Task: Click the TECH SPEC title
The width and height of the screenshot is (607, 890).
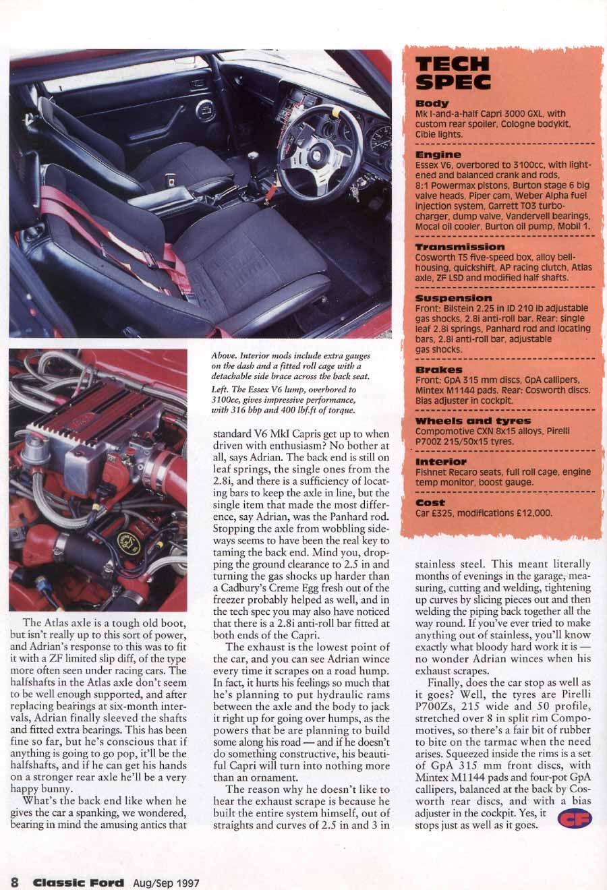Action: (x=453, y=73)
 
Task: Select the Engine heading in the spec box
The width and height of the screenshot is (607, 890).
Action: (x=438, y=154)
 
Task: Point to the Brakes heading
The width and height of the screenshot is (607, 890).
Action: (x=438, y=369)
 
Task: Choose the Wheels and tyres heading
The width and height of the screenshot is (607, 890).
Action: (x=473, y=421)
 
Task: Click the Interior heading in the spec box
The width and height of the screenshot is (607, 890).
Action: (x=440, y=462)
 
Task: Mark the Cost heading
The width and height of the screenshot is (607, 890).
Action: (x=430, y=502)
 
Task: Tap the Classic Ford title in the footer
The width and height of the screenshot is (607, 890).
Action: (x=79, y=882)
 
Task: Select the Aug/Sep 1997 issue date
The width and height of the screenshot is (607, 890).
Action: (x=166, y=882)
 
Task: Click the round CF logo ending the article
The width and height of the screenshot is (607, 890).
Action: (x=575, y=819)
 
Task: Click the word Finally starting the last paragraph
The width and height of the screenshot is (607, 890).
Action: (x=447, y=683)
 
